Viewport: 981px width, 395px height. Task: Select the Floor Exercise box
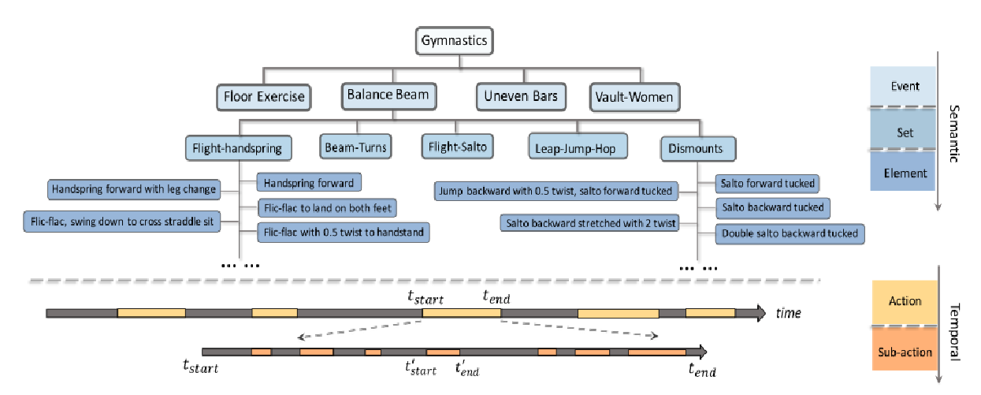(263, 98)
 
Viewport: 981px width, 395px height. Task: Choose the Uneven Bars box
(521, 97)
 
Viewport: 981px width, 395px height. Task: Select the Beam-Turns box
(355, 146)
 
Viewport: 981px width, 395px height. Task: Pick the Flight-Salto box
(458, 146)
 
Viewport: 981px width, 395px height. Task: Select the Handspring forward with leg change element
(132, 189)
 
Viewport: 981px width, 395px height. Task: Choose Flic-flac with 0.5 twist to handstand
(344, 233)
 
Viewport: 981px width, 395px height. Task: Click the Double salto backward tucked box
(790, 233)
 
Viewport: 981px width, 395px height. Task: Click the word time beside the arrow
(788, 314)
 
